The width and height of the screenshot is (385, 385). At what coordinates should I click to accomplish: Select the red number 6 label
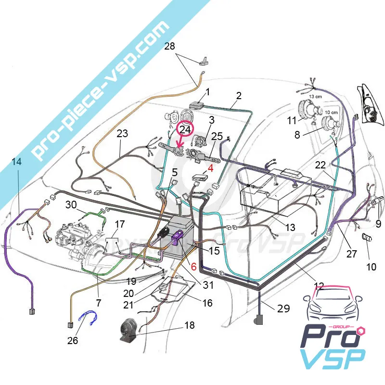click(193, 266)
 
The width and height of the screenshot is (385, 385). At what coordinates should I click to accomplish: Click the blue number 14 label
click(16, 162)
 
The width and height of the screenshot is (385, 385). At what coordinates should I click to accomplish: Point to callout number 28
click(169, 47)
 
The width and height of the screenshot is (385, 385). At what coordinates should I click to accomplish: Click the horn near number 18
click(130, 331)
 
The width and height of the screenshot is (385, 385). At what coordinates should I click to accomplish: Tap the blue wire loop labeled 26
click(89, 318)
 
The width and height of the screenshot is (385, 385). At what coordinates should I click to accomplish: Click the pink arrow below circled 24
click(180, 143)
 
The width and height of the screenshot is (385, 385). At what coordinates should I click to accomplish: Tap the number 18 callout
click(190, 326)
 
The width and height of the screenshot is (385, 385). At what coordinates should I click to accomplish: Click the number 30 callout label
click(71, 205)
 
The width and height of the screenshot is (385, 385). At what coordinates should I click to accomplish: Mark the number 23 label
click(122, 133)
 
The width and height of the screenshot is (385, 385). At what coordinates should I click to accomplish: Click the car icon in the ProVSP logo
click(331, 307)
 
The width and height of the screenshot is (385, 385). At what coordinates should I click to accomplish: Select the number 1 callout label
click(208, 91)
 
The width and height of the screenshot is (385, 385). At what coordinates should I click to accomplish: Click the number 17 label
click(120, 224)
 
